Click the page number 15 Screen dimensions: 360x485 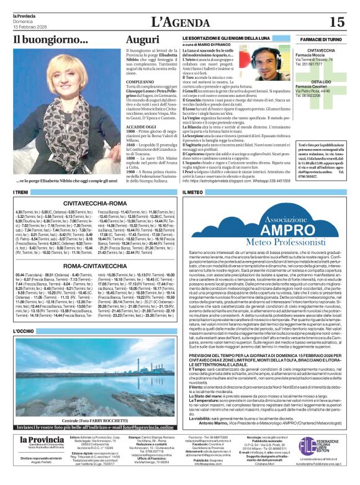(x=337, y=21)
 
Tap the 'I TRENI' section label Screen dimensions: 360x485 (x=22, y=194)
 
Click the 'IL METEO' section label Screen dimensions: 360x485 (x=192, y=194)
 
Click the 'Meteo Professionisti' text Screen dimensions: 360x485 (x=267, y=241)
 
